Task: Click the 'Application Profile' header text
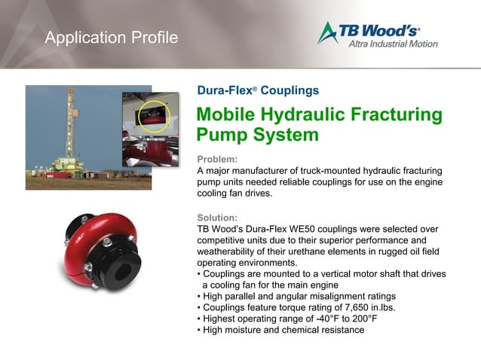click(111, 38)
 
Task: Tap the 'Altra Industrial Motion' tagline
click(392, 44)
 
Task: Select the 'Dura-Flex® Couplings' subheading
click(257, 90)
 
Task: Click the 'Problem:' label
click(216, 159)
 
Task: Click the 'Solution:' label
click(218, 217)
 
